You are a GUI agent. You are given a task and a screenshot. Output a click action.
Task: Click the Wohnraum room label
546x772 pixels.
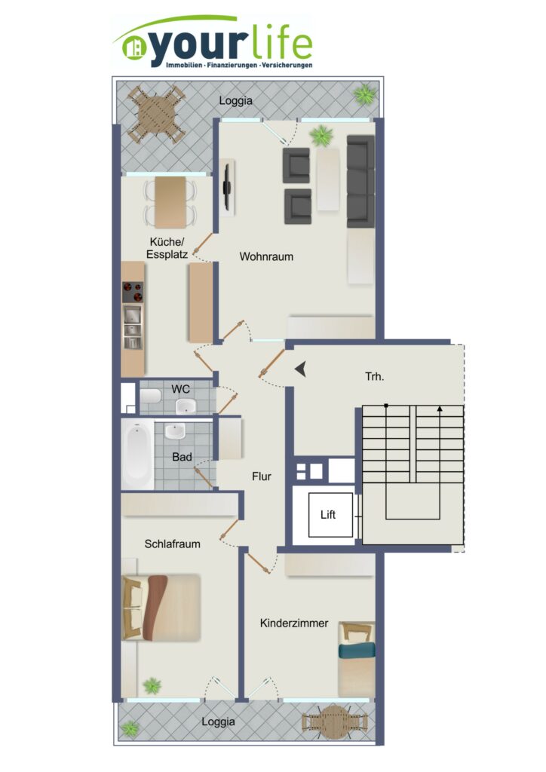[x=266, y=256]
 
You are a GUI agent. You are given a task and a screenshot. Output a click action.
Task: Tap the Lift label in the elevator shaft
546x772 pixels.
[x=328, y=514]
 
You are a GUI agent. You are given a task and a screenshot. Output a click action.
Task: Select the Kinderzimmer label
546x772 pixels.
[x=294, y=623]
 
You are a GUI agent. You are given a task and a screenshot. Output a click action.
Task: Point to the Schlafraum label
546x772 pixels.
[x=172, y=544]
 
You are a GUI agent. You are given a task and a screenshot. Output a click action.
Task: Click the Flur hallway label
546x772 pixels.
[x=262, y=476]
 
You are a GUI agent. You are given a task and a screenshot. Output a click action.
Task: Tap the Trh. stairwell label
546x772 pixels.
[x=375, y=377]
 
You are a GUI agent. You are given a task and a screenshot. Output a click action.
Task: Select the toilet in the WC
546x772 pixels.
[x=151, y=396]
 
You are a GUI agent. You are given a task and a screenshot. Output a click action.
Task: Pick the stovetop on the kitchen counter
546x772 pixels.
[x=133, y=293]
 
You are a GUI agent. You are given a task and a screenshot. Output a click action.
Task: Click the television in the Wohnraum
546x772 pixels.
[x=227, y=187]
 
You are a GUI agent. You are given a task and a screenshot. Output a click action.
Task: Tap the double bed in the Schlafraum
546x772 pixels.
[x=161, y=608]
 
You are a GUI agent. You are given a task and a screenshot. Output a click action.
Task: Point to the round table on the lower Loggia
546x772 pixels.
[x=334, y=721]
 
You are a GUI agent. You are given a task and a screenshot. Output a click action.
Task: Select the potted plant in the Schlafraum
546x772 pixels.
[x=152, y=685]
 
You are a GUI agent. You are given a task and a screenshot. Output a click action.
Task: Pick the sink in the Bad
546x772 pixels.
[x=175, y=431]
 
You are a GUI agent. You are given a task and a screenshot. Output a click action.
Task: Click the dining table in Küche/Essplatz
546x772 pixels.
[x=171, y=202]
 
